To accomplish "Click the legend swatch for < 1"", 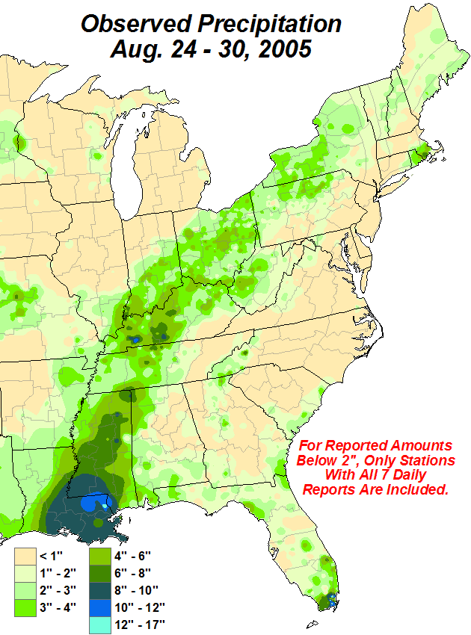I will coord(27,556).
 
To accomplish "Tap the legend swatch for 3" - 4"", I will coord(27,607).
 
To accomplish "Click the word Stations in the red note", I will coord(425,459).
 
